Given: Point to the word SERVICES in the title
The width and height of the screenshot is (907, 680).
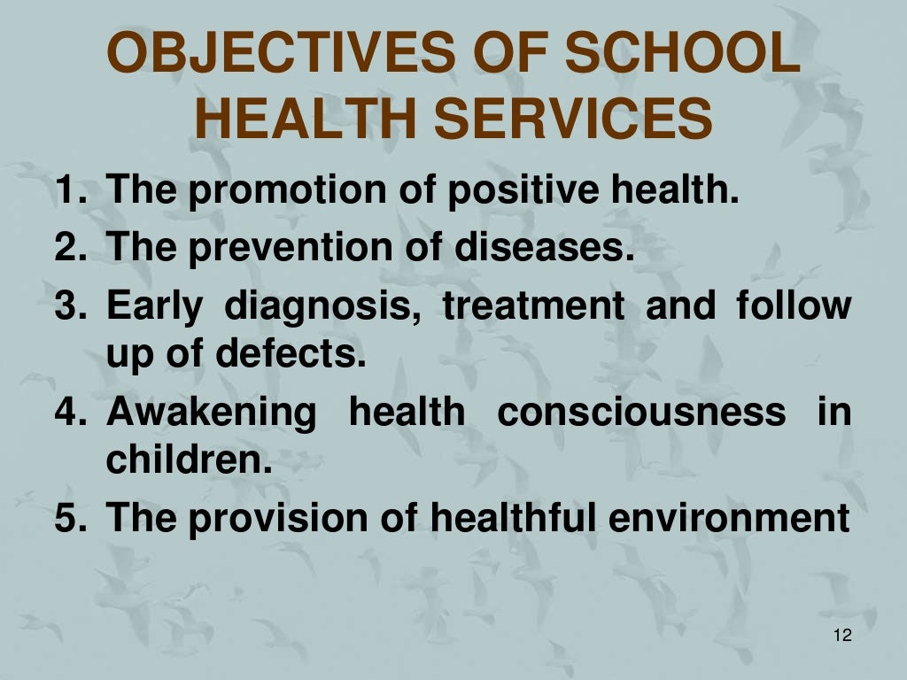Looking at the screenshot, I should [575, 119].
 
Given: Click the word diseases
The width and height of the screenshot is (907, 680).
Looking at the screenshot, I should [546, 248].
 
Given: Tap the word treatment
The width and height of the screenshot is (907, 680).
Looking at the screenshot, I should [533, 306].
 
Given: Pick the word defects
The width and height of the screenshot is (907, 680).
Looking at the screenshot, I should [293, 354].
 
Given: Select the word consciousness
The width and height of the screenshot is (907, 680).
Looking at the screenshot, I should [641, 413].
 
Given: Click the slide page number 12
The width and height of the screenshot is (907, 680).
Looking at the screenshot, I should [842, 636].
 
